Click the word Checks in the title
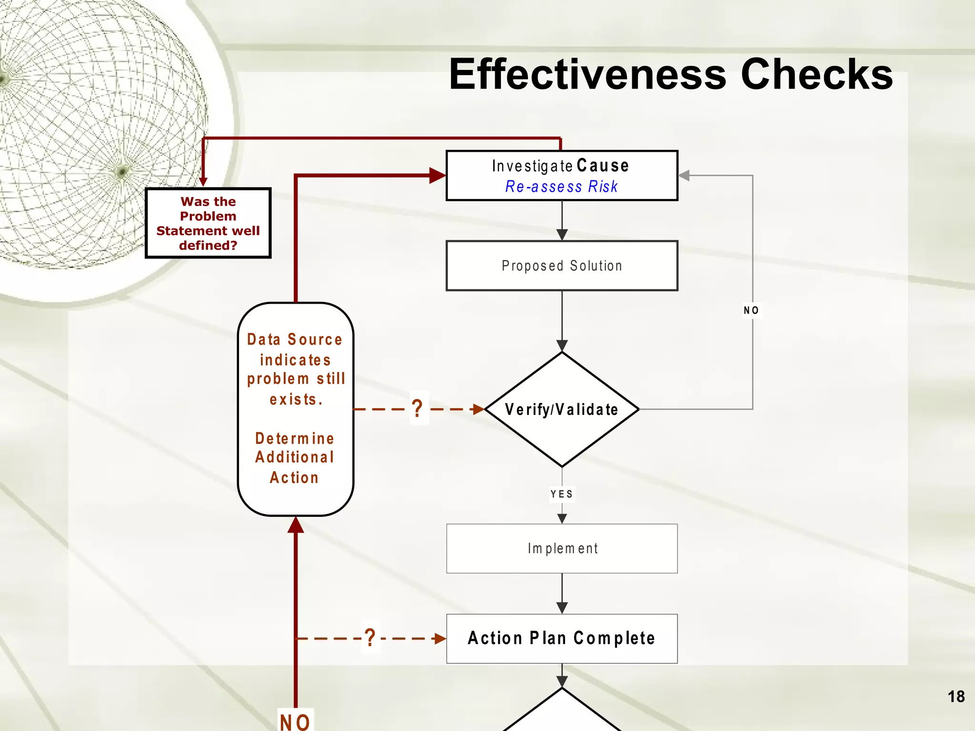click(816, 74)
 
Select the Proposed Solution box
click(562, 266)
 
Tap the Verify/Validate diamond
click(562, 409)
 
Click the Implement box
click(562, 548)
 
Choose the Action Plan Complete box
click(562, 638)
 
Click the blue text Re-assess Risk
click(562, 187)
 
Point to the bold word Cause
click(603, 166)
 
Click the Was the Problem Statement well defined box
click(208, 223)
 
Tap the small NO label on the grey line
click(751, 310)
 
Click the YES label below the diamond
click(562, 494)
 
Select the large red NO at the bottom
click(295, 722)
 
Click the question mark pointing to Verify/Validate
click(418, 409)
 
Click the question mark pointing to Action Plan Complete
click(370, 638)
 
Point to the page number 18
click(955, 697)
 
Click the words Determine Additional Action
click(295, 457)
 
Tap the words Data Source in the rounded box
click(295, 339)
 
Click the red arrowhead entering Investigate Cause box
click(437, 175)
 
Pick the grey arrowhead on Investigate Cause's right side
click(684, 176)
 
